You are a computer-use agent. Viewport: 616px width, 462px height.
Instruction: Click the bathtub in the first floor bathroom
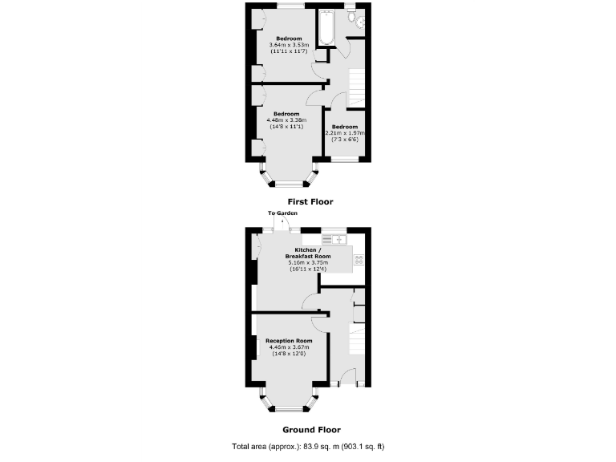[326, 27]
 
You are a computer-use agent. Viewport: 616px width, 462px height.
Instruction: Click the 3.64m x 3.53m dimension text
[289, 45]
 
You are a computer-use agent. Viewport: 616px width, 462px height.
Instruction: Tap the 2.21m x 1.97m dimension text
[344, 133]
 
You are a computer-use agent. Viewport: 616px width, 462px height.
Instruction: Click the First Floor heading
[310, 202]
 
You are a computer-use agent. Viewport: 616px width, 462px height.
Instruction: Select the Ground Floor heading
[306, 429]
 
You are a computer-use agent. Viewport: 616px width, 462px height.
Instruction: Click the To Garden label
[282, 213]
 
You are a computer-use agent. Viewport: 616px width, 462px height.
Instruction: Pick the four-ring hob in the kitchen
[359, 258]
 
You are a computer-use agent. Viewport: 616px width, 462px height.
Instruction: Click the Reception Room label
[289, 341]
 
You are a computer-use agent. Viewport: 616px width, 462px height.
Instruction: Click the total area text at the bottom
[313, 446]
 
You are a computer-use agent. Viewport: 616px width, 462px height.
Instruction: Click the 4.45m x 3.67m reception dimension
[289, 347]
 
